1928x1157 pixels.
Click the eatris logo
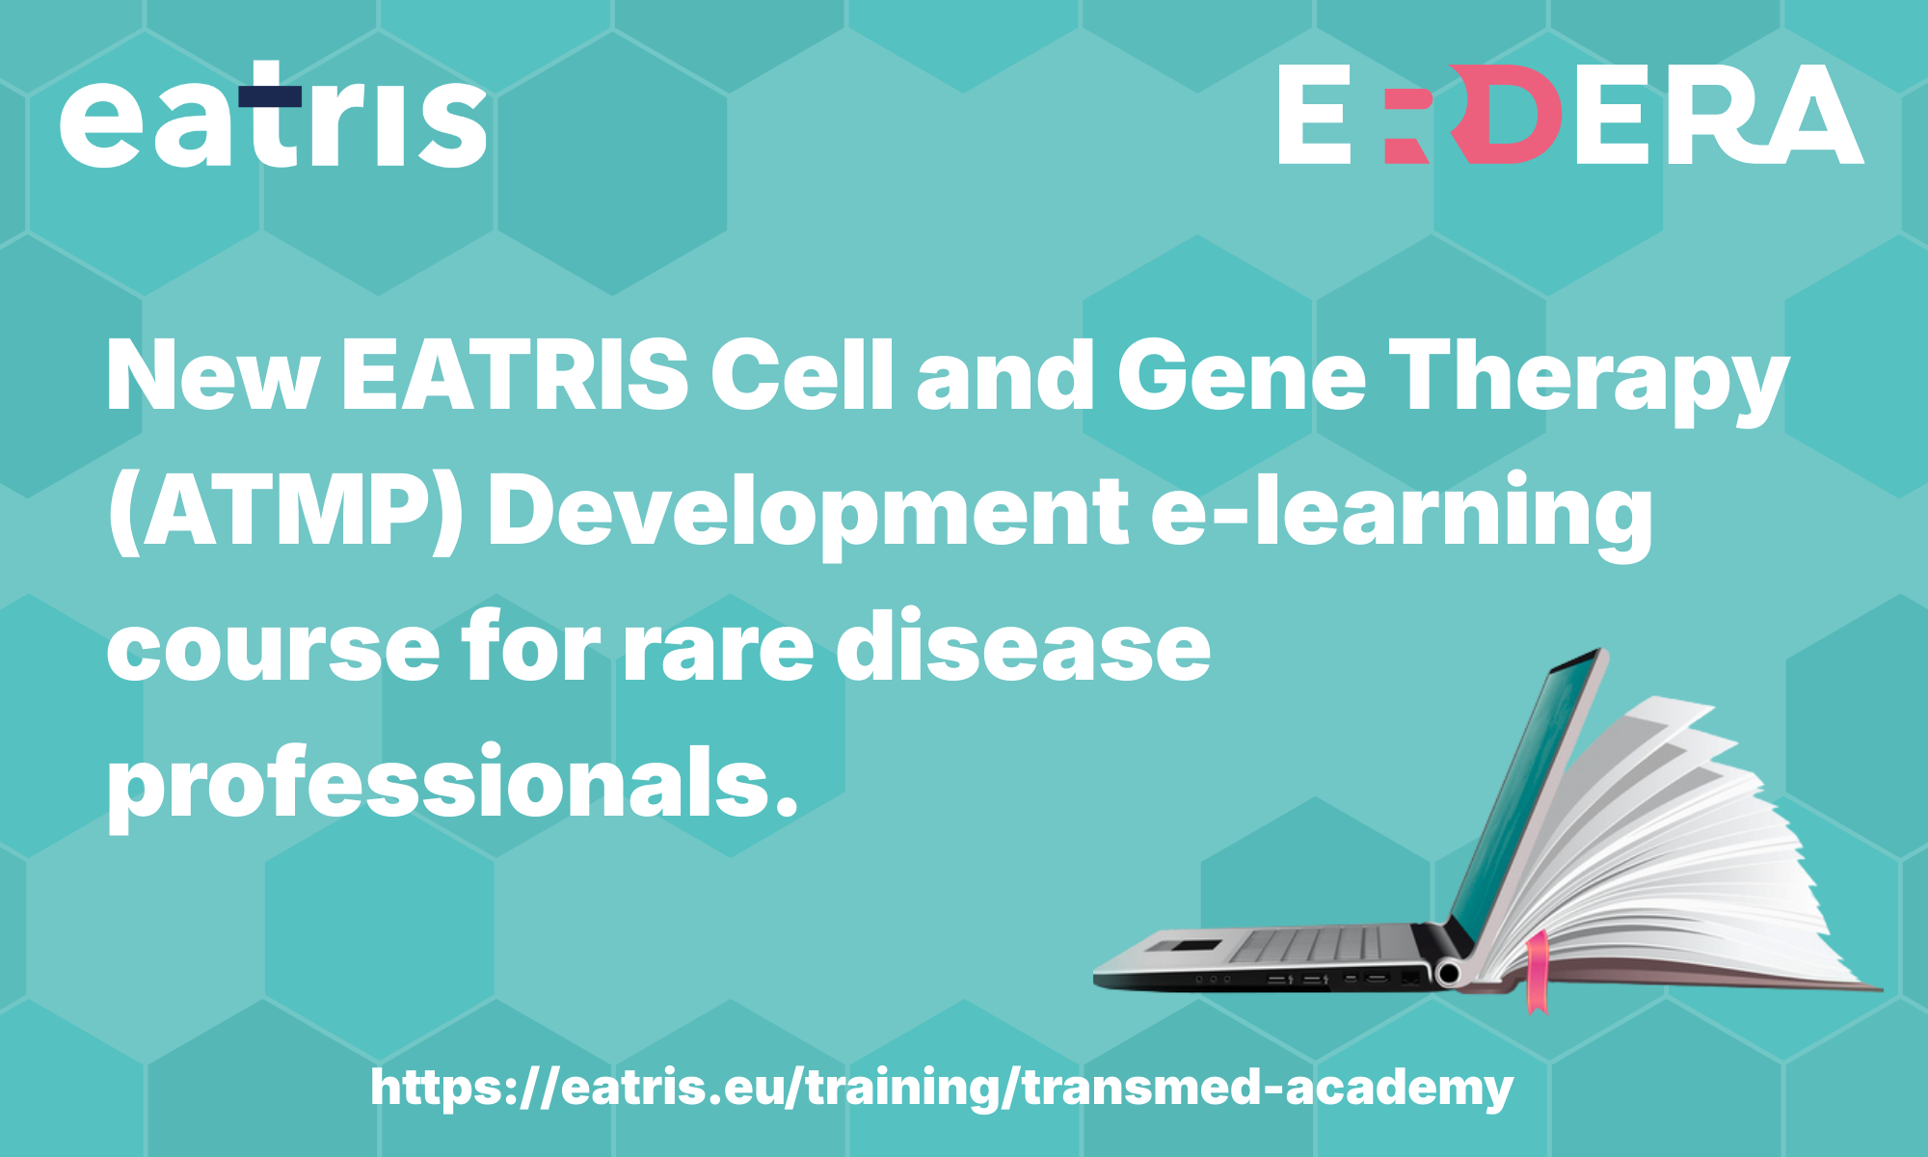tap(273, 116)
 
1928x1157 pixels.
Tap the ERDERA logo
tap(1570, 114)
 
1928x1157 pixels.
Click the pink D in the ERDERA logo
tap(1507, 114)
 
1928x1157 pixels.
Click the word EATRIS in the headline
tap(515, 375)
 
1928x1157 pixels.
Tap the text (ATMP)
tap(284, 515)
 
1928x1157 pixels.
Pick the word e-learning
tap(1402, 515)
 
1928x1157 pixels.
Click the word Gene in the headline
tap(1241, 375)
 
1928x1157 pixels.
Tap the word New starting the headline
tap(212, 375)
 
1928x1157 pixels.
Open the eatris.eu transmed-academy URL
tap(942, 1089)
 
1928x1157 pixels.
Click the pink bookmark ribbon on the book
tap(1537, 971)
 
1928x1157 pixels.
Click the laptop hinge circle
tap(1447, 974)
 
